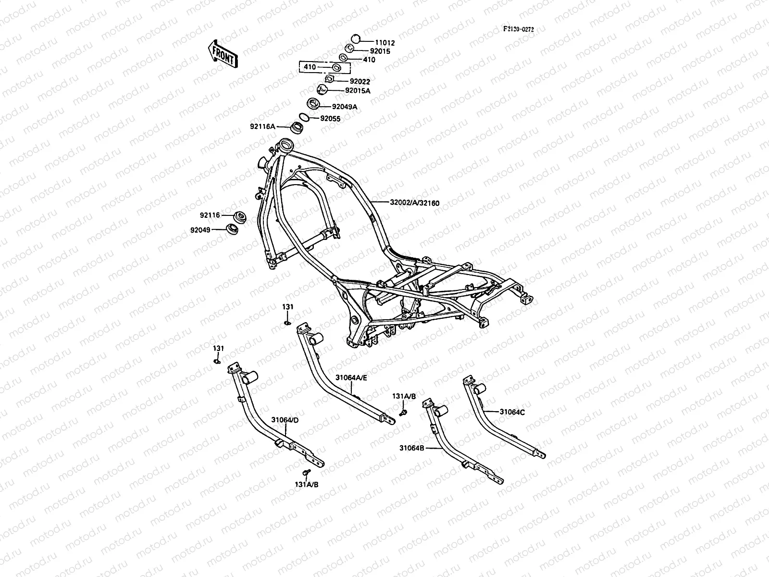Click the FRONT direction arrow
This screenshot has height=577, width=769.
pos(222,53)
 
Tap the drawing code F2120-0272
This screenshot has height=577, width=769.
pos(518,29)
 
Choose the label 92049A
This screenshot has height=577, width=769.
pos(345,107)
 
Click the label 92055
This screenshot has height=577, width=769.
pos(330,118)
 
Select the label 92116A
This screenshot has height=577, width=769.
pos(262,126)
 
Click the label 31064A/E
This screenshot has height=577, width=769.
pos(351,378)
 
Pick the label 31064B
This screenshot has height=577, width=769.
pos(411,448)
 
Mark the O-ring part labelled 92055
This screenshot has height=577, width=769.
pos(304,117)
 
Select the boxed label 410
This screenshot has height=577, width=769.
pos(310,67)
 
